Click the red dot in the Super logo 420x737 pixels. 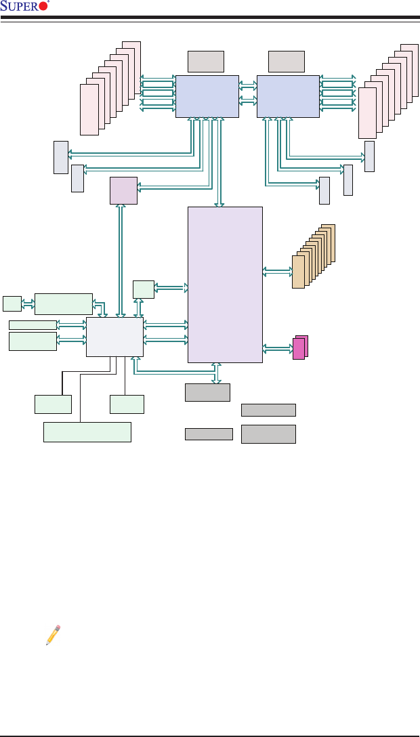(45, 7)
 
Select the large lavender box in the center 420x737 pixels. (224, 285)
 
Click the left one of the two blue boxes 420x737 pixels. (207, 96)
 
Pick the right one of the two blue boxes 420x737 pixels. (288, 96)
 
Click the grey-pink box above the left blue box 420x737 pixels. (205, 61)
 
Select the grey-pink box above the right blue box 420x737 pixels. (286, 61)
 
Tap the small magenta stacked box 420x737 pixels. (298, 349)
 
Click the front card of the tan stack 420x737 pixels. (298, 272)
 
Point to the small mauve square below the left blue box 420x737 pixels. (123, 190)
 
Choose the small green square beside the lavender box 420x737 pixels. (144, 289)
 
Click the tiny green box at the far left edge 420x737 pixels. (12, 304)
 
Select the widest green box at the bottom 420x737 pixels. (87, 431)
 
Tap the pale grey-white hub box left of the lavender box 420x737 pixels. (114, 337)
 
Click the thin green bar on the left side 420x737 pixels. (33, 325)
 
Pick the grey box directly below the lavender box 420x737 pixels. (207, 392)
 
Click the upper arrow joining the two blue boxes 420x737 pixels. (248, 86)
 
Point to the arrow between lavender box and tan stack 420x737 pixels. (277, 272)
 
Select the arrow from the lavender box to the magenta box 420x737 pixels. (277, 348)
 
